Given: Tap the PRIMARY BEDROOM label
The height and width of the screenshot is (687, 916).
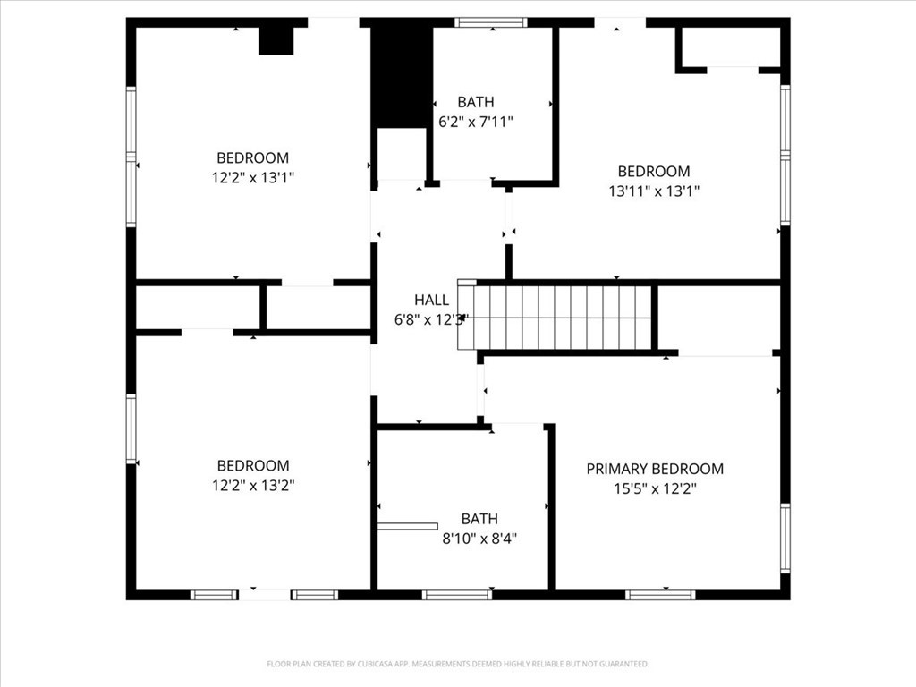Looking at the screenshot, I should (655, 469).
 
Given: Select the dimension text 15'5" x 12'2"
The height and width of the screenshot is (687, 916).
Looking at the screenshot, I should (655, 488).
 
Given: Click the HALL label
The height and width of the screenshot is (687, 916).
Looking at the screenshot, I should (431, 300).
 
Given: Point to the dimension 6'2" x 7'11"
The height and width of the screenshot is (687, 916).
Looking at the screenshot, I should (475, 122).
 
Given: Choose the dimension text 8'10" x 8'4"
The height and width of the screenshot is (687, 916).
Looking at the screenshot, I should (479, 539).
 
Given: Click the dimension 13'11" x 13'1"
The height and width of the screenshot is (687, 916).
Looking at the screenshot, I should (654, 191).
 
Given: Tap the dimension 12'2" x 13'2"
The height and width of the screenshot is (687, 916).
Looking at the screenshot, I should (253, 485).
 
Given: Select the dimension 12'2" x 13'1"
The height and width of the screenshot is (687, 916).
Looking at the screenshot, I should (253, 177).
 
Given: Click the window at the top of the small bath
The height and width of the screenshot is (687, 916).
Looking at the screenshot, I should (490, 22).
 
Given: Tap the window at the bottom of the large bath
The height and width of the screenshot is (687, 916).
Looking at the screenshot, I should (456, 595).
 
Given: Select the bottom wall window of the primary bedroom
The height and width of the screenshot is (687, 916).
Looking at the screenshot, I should (660, 595).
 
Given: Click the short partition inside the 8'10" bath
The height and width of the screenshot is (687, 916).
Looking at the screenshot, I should (407, 526).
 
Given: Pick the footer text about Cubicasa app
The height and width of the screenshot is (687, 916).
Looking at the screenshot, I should (457, 664).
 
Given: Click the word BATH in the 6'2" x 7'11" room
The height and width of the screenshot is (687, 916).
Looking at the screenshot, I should (475, 102).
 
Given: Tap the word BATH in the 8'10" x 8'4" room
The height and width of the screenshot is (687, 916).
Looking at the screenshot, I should (479, 519).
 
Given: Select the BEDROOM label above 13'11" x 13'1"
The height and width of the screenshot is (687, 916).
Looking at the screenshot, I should (654, 171).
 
